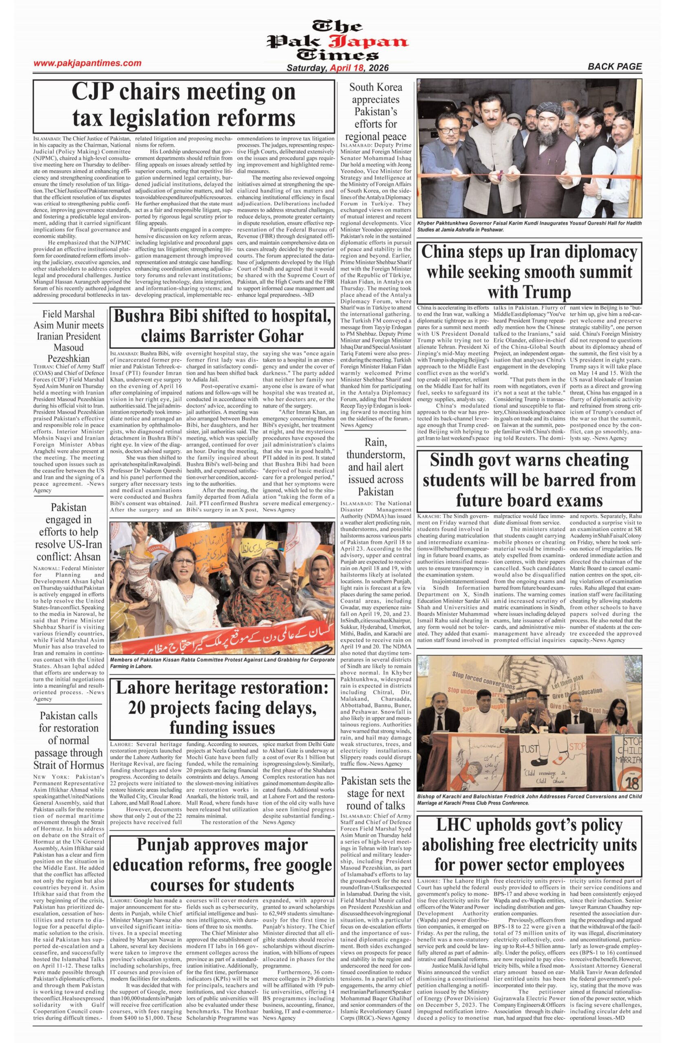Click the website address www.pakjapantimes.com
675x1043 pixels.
click(88, 63)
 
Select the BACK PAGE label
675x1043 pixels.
click(615, 66)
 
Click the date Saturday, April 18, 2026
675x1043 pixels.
click(337, 68)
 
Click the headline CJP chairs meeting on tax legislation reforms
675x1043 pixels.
click(184, 105)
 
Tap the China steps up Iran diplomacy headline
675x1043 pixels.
click(529, 272)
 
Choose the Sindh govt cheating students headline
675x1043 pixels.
click(529, 480)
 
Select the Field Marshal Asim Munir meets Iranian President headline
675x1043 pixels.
click(69, 336)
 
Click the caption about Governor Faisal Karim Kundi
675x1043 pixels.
click(529, 226)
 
